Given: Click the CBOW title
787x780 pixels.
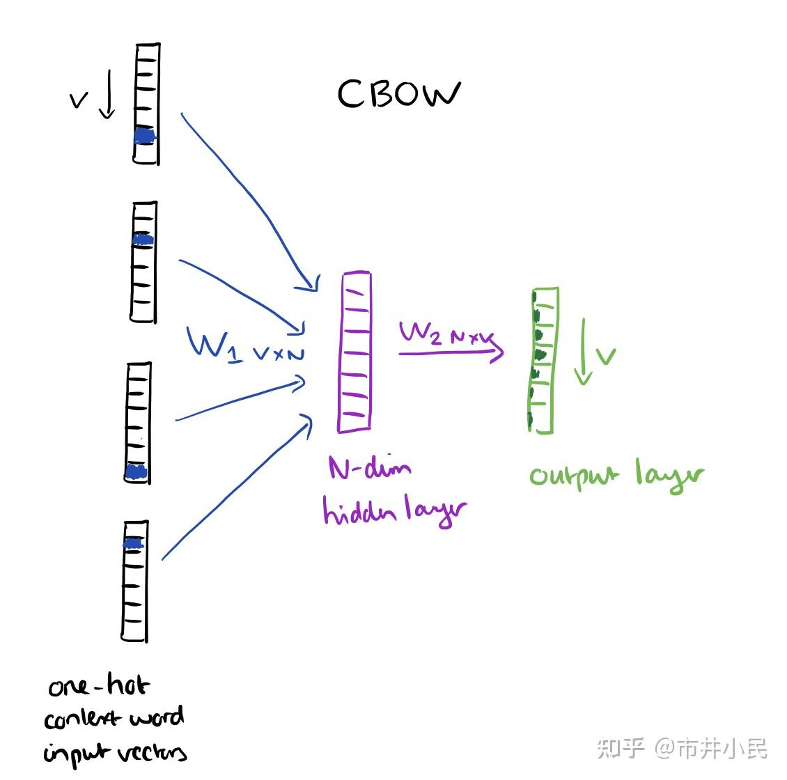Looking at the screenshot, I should (x=398, y=94).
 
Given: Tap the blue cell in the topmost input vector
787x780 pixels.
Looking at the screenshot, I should (x=145, y=136).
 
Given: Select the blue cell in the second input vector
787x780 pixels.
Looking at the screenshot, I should (x=143, y=240).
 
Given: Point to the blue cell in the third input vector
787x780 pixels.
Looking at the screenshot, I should (x=137, y=472).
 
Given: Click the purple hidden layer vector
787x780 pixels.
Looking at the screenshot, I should (x=354, y=352).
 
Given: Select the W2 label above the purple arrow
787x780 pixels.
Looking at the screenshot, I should (x=421, y=332).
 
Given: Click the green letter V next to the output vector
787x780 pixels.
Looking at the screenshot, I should (x=606, y=357).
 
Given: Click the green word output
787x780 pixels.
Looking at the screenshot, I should (x=574, y=476).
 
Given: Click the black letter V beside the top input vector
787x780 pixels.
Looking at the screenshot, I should (x=79, y=101).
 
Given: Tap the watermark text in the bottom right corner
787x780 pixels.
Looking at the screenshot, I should (x=682, y=749).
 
